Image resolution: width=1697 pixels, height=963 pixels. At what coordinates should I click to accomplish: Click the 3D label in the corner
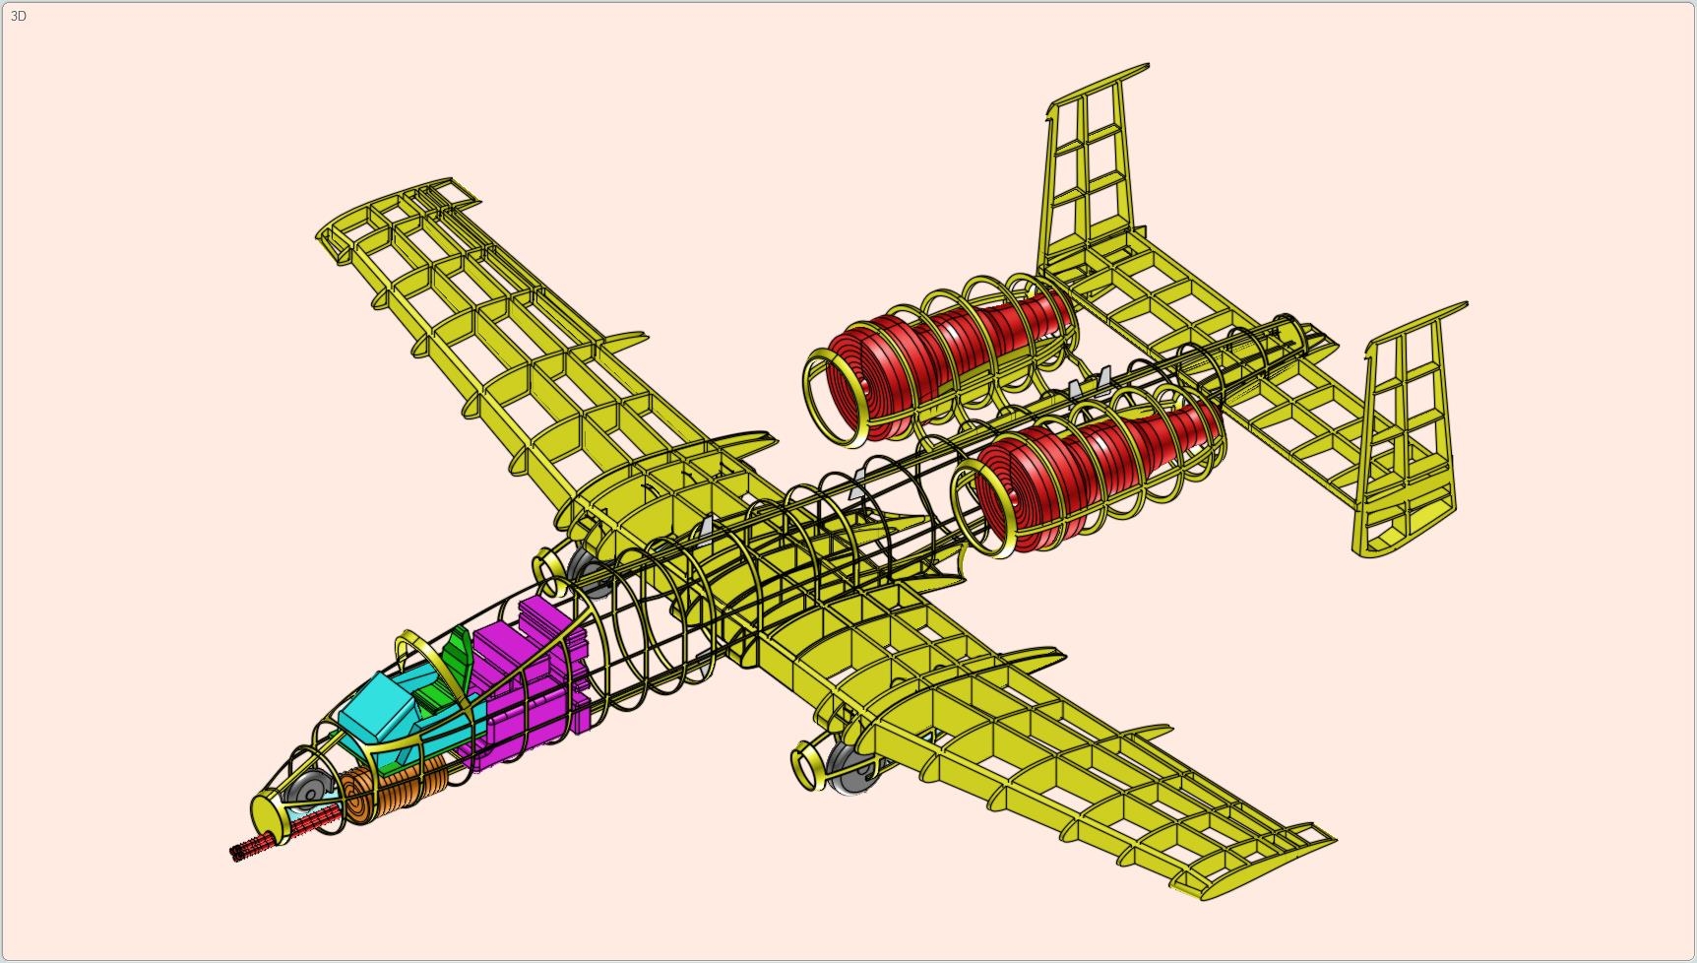[x=18, y=16]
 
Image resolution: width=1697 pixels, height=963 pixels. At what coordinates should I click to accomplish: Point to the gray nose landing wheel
[x=311, y=788]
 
